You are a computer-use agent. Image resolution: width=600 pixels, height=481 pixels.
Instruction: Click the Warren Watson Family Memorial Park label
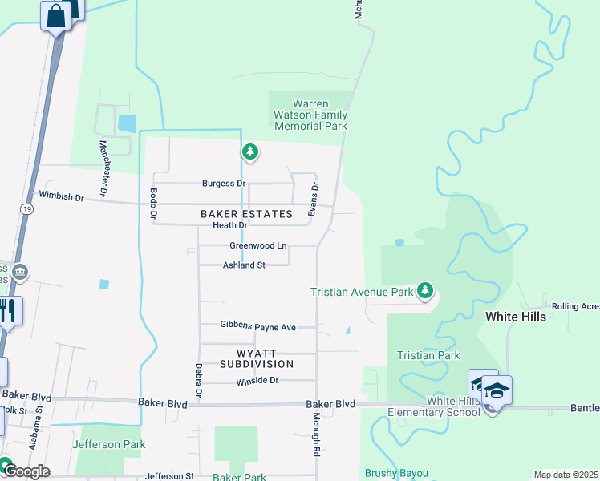[x=310, y=115]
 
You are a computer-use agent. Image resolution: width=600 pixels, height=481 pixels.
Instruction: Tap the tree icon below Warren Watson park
[x=250, y=151]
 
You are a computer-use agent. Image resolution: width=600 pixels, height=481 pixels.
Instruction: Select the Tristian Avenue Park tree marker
[x=425, y=290]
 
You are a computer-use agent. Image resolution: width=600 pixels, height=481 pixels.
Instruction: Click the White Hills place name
[x=516, y=317]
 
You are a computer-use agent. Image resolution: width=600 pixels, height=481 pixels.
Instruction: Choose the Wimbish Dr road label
[x=61, y=195]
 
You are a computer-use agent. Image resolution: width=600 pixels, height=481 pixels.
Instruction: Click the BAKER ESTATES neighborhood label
[x=246, y=214]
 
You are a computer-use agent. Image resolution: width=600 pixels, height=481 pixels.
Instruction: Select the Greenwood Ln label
[x=258, y=245]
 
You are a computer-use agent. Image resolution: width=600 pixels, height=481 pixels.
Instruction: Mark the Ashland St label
[x=244, y=265]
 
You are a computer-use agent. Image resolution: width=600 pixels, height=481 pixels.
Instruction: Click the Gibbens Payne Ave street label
[x=258, y=326]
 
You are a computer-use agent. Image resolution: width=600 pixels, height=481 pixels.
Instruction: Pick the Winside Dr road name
[x=257, y=381]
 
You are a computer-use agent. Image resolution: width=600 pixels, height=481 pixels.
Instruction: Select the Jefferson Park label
[x=108, y=444]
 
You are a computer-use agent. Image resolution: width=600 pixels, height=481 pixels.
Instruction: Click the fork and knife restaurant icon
[x=7, y=310]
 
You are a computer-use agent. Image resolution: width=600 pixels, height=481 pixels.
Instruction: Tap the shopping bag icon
[x=56, y=15]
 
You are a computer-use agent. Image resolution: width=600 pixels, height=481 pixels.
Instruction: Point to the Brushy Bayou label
[x=396, y=474]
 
